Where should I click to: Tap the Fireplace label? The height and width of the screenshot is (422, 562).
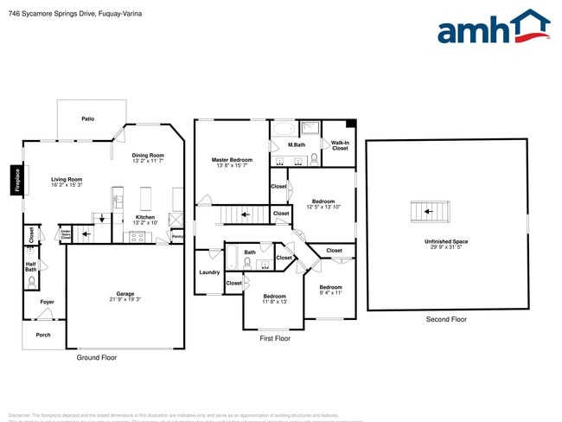coord(15,181)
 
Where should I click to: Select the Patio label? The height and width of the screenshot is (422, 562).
coord(87,118)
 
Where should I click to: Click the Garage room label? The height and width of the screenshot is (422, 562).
coord(125,293)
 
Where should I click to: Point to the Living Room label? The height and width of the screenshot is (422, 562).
coord(67,179)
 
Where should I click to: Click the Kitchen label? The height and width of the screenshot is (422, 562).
coord(145,217)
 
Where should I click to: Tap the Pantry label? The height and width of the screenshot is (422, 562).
coord(177,236)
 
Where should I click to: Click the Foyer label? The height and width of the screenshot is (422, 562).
coord(47,302)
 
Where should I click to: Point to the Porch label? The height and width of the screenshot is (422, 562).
coord(42,335)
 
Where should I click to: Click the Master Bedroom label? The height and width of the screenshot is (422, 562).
coord(232,160)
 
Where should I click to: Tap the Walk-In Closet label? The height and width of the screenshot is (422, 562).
coord(340,145)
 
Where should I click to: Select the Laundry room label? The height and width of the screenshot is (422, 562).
coord(209,272)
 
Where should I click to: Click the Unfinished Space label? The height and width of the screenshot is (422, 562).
coord(446,241)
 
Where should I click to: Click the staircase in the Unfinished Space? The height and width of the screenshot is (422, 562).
coord(430,211)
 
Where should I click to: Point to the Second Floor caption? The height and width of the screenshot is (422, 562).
coord(446,319)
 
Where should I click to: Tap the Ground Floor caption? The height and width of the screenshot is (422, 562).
coord(97,357)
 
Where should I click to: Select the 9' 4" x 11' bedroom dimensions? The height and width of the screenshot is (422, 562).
coord(330,293)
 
